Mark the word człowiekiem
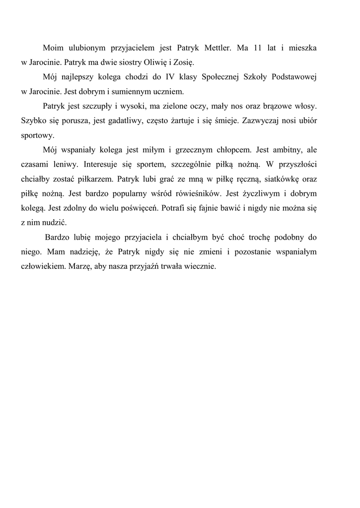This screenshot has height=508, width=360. pos(42,266)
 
